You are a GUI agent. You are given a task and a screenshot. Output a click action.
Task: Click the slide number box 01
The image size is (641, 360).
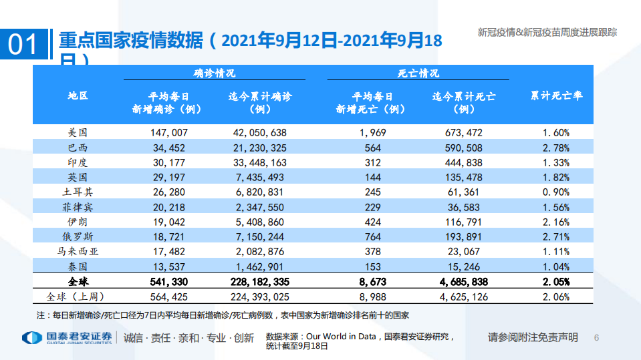tap(23, 44)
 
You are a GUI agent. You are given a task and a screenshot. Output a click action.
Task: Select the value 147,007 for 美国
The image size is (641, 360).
tap(169, 133)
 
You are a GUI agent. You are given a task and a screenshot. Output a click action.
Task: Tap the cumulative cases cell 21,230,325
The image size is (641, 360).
tap(259, 148)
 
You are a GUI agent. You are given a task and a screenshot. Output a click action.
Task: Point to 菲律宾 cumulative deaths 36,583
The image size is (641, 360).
tap(463, 206)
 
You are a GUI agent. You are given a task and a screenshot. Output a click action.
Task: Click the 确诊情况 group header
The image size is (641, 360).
tap(214, 73)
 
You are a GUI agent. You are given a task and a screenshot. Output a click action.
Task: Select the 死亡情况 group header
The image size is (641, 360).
tap(418, 73)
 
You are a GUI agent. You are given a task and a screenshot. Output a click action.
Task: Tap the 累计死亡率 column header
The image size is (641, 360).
tap(556, 96)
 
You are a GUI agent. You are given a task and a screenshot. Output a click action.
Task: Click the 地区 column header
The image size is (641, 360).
tap(78, 96)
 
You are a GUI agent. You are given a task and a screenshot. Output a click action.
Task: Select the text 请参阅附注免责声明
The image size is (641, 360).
tap(532, 337)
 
